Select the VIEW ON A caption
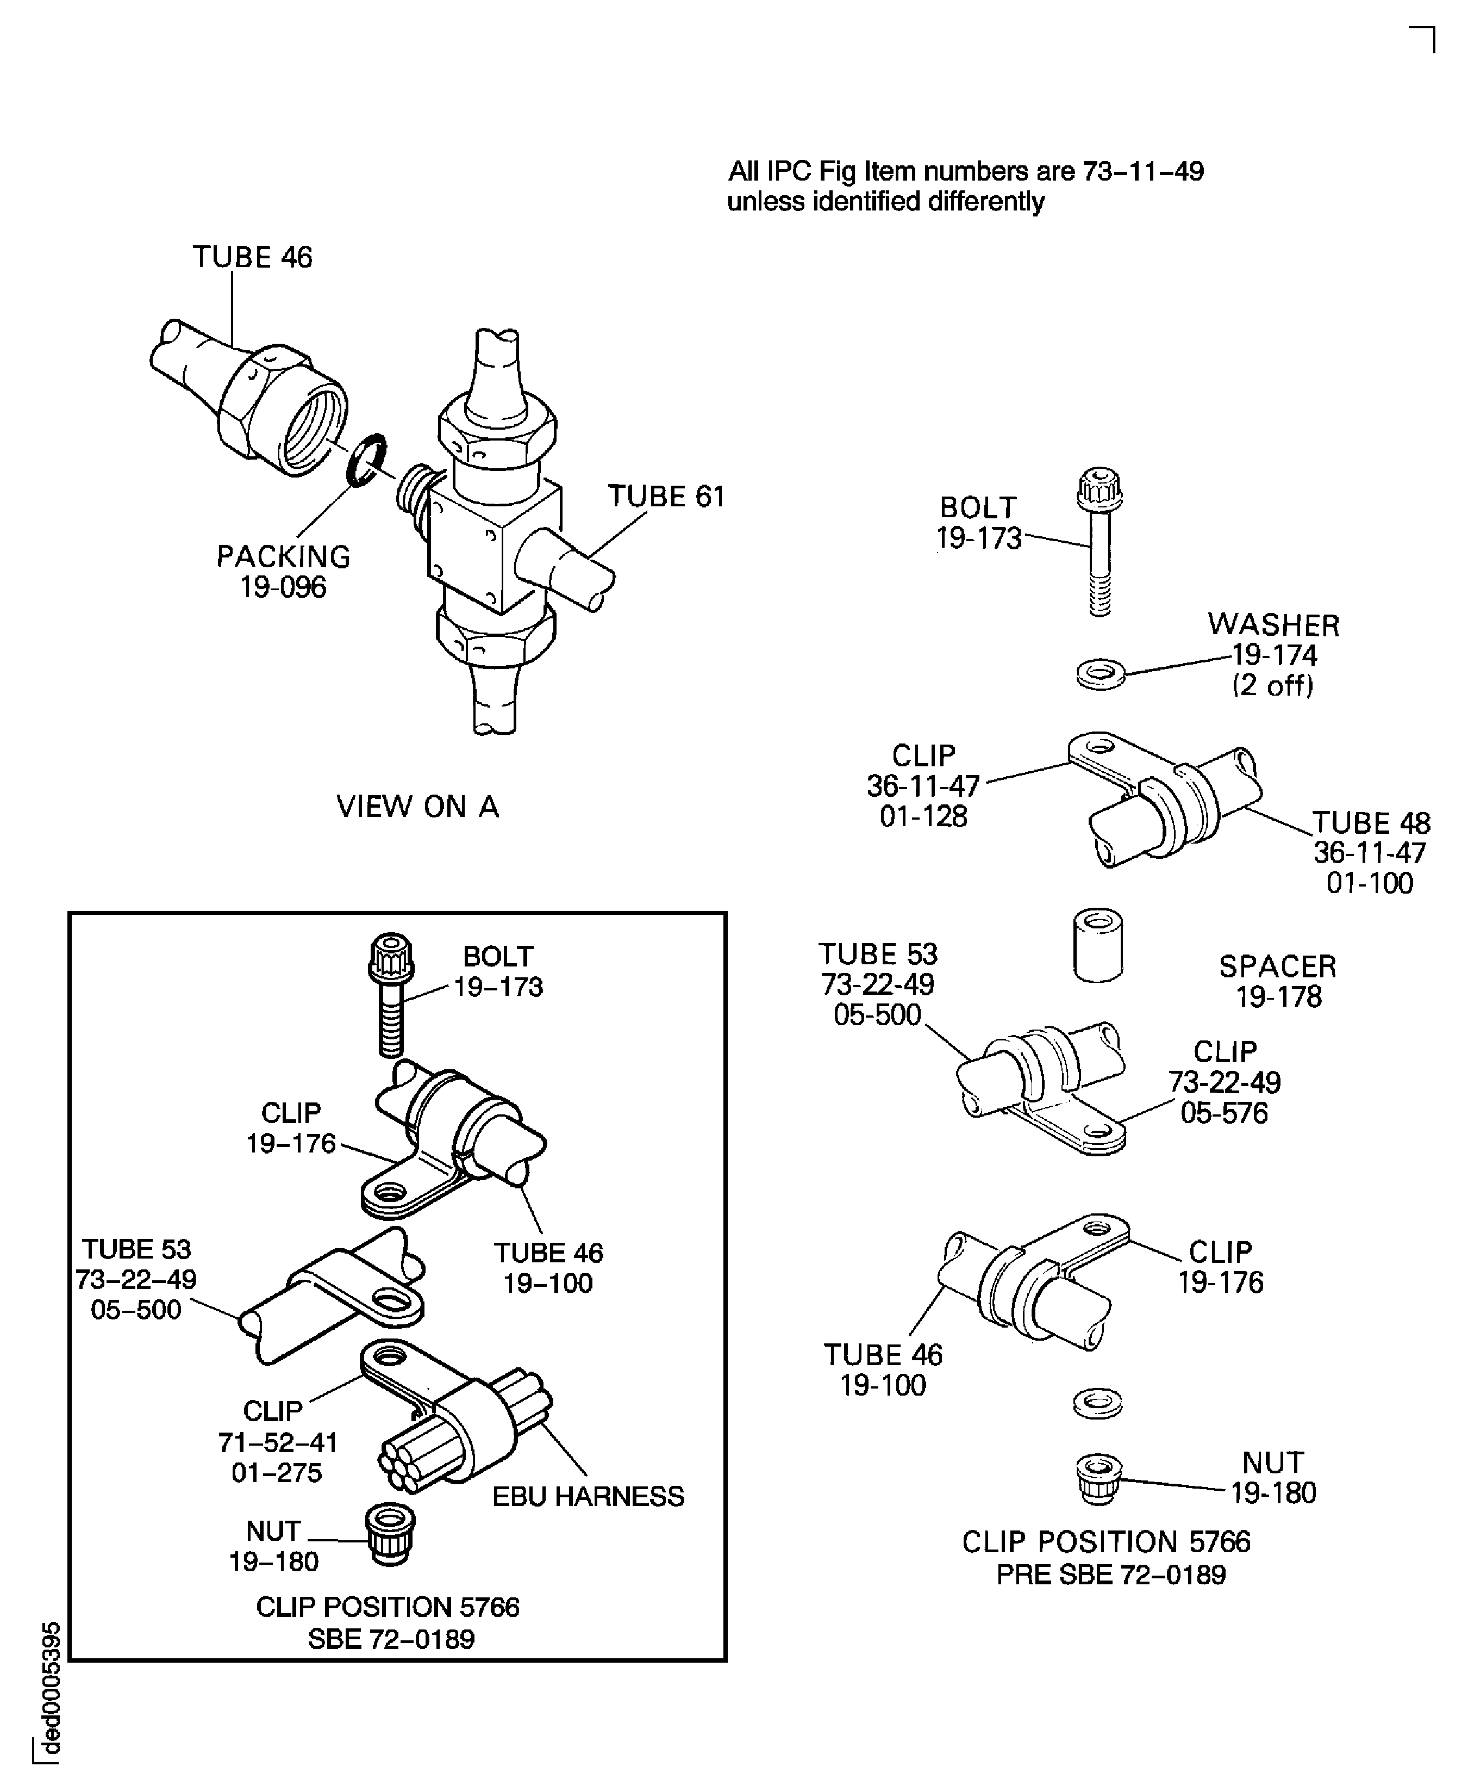tap(418, 806)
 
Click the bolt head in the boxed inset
tap(391, 956)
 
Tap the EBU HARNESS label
tap(588, 1496)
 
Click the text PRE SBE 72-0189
tap(1110, 1575)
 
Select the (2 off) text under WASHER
tap(1273, 684)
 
